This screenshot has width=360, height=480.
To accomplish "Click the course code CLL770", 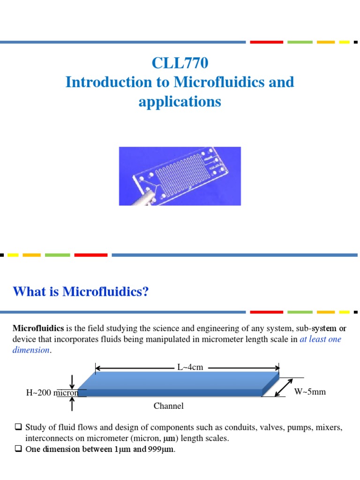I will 180,63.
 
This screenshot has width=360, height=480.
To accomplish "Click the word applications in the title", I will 180,101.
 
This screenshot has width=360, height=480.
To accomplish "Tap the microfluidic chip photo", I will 180,176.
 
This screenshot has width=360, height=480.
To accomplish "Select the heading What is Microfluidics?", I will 81,292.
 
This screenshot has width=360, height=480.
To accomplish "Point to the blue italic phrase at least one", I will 320,339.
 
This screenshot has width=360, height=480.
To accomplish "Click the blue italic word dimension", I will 30,350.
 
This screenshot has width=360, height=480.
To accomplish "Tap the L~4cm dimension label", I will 190,367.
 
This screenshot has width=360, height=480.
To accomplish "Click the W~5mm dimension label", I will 310,391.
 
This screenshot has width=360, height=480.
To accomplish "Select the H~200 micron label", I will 52,393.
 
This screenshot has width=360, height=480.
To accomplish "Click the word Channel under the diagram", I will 169,406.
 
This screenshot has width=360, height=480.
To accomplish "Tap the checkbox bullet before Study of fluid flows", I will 18,427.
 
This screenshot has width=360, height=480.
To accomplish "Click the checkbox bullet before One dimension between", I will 18,449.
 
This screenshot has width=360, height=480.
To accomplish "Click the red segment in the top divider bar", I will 266,42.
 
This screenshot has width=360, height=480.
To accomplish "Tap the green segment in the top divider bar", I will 300,42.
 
